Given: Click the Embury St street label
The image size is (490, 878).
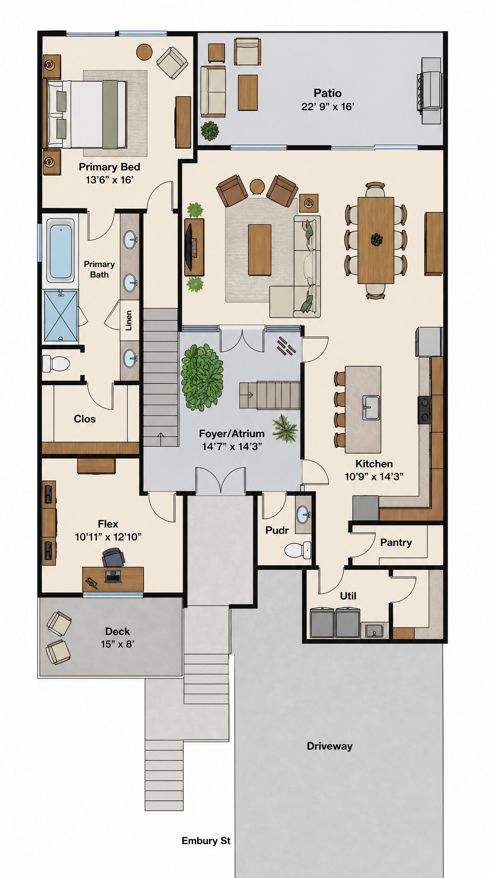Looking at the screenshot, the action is click(x=206, y=840).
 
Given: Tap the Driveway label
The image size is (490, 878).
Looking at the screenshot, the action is click(x=330, y=746).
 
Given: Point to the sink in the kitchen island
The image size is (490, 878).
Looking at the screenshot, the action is click(x=371, y=408).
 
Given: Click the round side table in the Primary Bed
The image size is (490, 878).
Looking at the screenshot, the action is click(x=144, y=52).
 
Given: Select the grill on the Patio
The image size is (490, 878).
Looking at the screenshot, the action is click(x=430, y=91).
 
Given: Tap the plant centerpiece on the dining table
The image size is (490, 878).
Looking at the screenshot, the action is click(x=376, y=240).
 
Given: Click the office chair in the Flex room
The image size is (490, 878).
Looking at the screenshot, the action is click(x=114, y=558).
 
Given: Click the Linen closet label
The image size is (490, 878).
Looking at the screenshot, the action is click(x=129, y=320).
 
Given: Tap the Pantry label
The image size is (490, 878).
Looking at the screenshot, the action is click(x=396, y=542).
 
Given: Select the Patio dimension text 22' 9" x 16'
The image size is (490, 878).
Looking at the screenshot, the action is click(x=327, y=107).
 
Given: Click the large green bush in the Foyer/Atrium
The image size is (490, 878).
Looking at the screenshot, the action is click(x=202, y=377).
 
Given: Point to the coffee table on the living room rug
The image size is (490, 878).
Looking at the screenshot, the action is click(x=260, y=250).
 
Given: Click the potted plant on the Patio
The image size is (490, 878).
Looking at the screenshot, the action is click(x=210, y=131).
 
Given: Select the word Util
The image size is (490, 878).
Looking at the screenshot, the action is click(x=348, y=596).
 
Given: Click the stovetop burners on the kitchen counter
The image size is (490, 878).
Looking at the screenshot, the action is click(x=425, y=410).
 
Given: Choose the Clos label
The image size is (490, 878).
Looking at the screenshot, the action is click(x=85, y=419).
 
